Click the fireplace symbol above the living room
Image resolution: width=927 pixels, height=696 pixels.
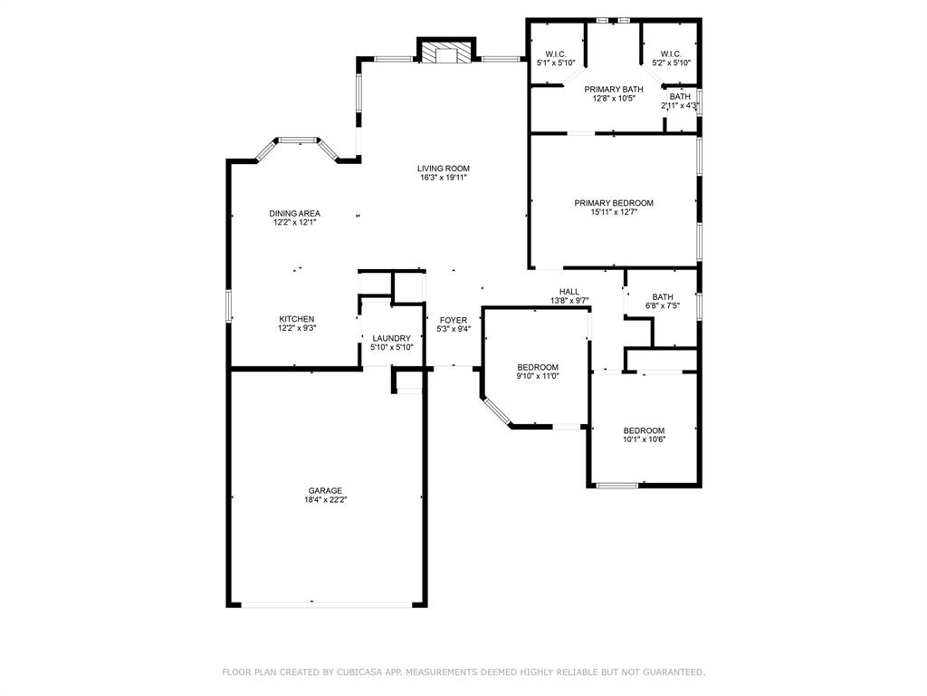point(446,53)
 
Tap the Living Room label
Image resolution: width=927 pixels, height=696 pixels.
point(444,169)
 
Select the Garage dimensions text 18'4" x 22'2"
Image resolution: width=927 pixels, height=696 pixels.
point(324,500)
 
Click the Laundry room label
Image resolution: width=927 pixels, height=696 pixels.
point(391,338)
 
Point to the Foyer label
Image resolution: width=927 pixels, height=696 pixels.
point(454,320)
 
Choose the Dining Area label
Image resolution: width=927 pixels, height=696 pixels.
point(294,214)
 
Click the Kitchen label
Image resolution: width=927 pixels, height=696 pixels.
point(296,319)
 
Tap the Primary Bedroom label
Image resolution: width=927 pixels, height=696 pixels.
point(614,203)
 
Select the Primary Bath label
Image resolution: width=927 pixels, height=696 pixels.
point(614,89)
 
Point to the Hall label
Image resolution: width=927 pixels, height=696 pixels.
point(569,292)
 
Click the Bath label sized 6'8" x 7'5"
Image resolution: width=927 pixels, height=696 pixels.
point(663,296)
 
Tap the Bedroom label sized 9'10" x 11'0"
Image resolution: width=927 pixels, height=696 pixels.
point(538,367)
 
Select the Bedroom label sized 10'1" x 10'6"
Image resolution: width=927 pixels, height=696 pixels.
point(644,430)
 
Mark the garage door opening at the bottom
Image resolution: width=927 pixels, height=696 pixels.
point(324,604)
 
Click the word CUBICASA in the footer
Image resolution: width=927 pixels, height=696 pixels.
point(352,672)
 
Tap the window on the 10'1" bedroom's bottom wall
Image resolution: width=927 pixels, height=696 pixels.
point(616,486)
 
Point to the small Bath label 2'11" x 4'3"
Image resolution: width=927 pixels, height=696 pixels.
point(680,96)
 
